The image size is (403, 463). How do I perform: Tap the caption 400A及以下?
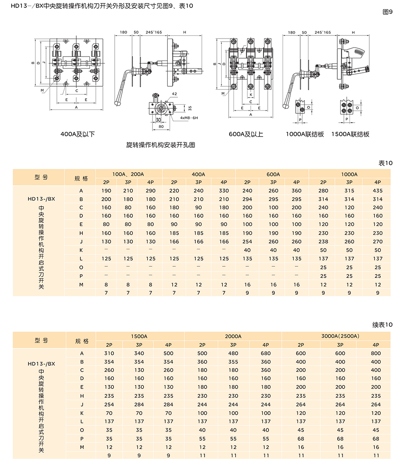click(78, 134)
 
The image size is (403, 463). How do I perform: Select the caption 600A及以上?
click(246, 134)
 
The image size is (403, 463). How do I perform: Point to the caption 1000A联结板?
click(305, 134)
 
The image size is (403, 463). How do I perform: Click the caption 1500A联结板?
click(350, 134)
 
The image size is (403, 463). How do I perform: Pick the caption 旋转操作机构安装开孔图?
click(160, 145)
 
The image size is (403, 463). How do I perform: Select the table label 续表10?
click(382, 325)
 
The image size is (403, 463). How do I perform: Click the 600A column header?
click(272, 174)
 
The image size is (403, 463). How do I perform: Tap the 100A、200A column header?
click(128, 174)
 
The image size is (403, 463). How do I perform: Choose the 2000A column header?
click(233, 336)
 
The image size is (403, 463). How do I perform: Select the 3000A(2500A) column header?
click(340, 336)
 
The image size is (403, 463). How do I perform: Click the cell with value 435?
click(378, 191)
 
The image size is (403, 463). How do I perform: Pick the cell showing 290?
click(151, 191)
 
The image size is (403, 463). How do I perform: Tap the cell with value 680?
click(266, 353)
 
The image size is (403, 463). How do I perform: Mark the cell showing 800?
click(376, 353)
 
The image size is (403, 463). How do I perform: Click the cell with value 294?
click(247, 199)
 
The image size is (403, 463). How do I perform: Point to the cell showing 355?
click(233, 362)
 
